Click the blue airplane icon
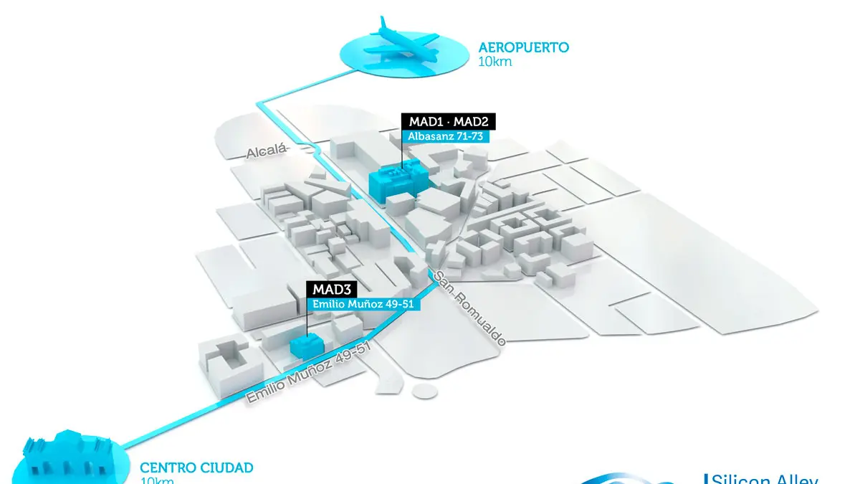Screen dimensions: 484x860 [407, 48]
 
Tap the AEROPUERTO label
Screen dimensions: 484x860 [523, 49]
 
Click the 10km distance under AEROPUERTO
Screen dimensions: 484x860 [495, 62]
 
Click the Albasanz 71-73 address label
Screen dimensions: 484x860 [445, 136]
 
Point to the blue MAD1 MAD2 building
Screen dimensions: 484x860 [397, 179]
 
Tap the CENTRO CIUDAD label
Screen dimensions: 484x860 [196, 468]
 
